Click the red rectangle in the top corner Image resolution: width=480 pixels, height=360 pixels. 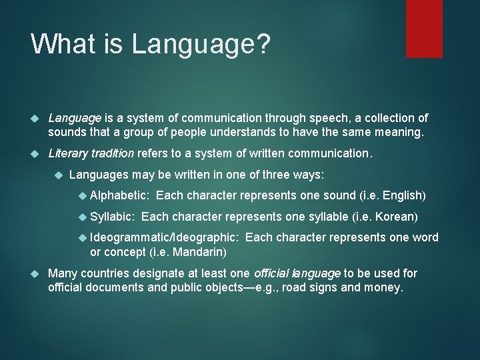click(424, 28)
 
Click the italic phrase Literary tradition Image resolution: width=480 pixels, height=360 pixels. click(91, 154)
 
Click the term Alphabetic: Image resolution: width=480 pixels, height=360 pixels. click(120, 195)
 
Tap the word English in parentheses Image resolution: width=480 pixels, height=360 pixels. click(402, 195)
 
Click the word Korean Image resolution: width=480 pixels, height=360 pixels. click(396, 217)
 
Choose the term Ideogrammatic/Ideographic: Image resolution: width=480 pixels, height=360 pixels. click(164, 238)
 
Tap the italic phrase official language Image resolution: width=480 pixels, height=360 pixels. click(296, 273)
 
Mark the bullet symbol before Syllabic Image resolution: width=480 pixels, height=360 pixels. click(82, 217)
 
